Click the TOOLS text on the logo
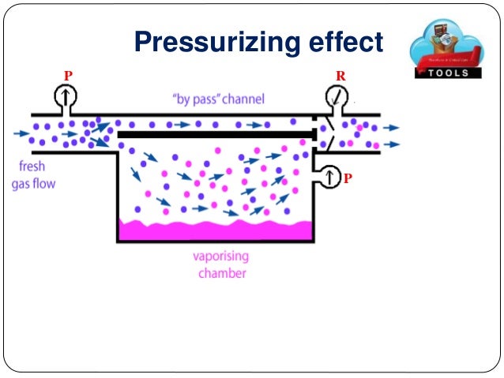coord(449,73)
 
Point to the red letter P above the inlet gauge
coord(68,75)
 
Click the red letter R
coord(340,76)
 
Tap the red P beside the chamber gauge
coord(347,179)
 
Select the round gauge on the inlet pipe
coord(66,98)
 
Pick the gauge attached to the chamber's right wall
coord(327,176)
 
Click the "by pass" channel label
coord(218,99)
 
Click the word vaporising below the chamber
coord(220,257)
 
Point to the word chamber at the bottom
coord(220,273)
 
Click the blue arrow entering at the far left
coord(21,133)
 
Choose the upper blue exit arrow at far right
coord(392,127)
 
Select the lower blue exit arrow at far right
coord(392,144)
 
